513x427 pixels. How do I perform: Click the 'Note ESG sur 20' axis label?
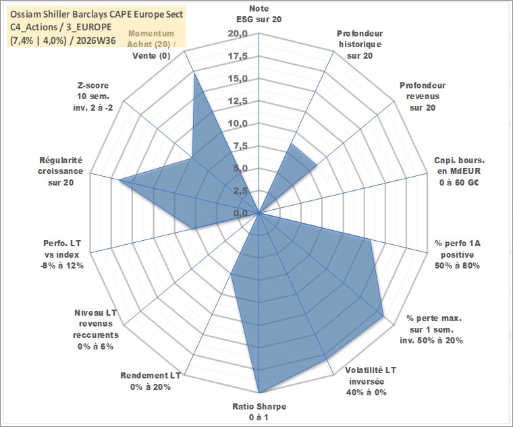(259, 13)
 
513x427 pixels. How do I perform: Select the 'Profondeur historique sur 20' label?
(360, 45)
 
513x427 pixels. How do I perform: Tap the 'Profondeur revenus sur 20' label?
(423, 96)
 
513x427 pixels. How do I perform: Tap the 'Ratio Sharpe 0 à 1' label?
(259, 411)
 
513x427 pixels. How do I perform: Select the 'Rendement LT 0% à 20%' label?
(151, 381)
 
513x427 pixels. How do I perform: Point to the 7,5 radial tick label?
(241, 146)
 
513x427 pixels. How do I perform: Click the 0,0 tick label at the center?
(241, 213)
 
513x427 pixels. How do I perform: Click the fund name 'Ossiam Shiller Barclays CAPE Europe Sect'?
(97, 14)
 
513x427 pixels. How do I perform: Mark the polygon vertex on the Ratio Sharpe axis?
(259, 393)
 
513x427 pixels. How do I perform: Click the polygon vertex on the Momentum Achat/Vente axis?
(194, 73)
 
